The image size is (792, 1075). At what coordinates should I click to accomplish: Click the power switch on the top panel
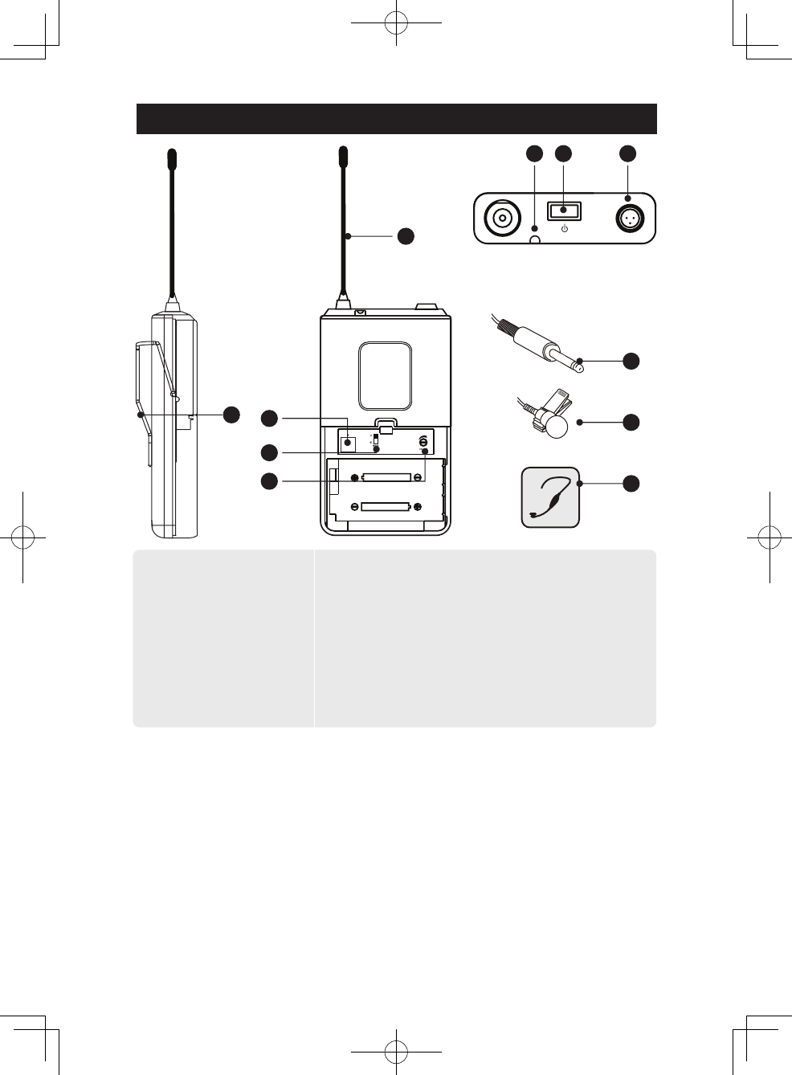point(564,211)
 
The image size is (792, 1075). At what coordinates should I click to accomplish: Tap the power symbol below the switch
point(564,229)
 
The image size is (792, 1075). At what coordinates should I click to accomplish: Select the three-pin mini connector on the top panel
point(628,218)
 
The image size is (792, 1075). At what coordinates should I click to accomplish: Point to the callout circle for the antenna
point(406,235)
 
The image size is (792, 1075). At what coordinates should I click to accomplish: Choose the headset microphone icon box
point(550,497)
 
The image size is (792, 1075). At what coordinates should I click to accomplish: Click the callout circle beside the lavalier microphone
point(631,422)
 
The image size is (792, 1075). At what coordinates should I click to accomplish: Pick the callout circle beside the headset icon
point(631,483)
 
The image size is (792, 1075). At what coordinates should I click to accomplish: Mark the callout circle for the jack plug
point(631,361)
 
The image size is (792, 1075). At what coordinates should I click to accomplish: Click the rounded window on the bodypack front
point(386,375)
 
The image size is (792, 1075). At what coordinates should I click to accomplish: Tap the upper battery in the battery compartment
point(386,477)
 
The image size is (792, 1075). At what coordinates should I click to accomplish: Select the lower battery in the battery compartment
point(386,507)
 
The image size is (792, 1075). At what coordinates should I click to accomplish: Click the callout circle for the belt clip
point(231,415)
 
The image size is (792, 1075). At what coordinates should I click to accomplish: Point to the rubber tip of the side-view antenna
point(171,158)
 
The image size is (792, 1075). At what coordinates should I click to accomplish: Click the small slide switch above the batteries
point(375,440)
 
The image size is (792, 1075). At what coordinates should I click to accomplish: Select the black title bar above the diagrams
point(397,119)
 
